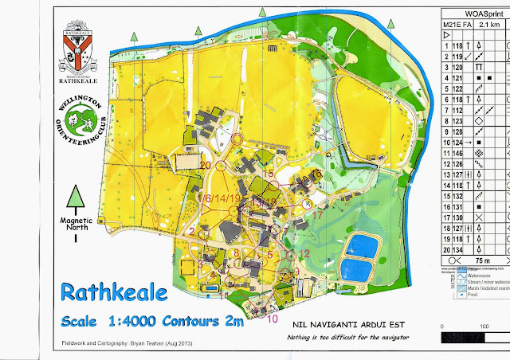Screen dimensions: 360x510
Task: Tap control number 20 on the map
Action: tap(206, 165)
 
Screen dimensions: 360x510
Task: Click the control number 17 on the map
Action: tap(317, 214)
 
